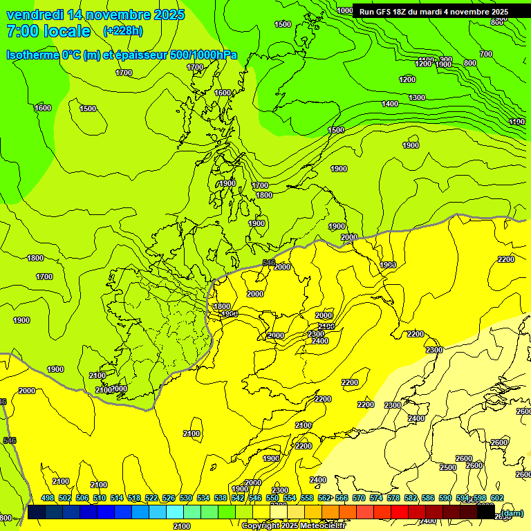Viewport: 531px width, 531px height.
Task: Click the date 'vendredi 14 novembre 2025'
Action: coord(95,15)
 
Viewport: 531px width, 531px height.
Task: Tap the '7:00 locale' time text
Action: coord(48,31)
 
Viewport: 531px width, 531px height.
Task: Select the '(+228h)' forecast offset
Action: coord(122,30)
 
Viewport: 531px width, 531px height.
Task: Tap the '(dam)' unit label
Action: coord(511,512)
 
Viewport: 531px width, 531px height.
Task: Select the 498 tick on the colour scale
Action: coord(48,498)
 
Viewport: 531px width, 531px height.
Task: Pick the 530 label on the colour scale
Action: coord(186,498)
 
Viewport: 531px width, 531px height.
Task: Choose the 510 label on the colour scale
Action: coord(100,498)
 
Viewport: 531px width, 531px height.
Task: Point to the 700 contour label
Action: coord(486,54)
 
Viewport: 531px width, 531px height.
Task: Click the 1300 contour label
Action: coord(416,97)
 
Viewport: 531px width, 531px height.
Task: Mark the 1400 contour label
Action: coord(390,104)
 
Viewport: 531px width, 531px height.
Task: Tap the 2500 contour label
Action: coord(448,467)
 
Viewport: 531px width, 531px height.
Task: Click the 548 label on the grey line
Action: coord(269,263)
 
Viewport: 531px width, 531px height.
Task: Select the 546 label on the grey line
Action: coord(9,440)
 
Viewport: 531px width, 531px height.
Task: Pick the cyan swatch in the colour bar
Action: coord(175,512)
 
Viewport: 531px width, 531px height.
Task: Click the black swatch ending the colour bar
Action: coord(486,512)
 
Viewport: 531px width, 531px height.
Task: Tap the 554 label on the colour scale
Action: coord(290,498)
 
